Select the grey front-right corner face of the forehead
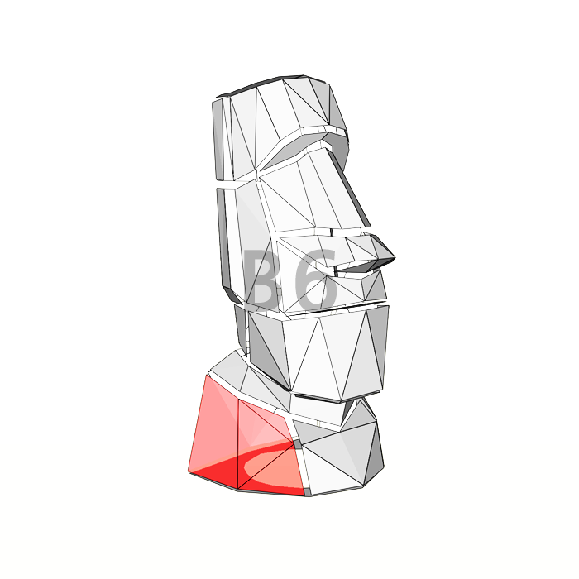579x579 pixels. click(337, 108)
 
